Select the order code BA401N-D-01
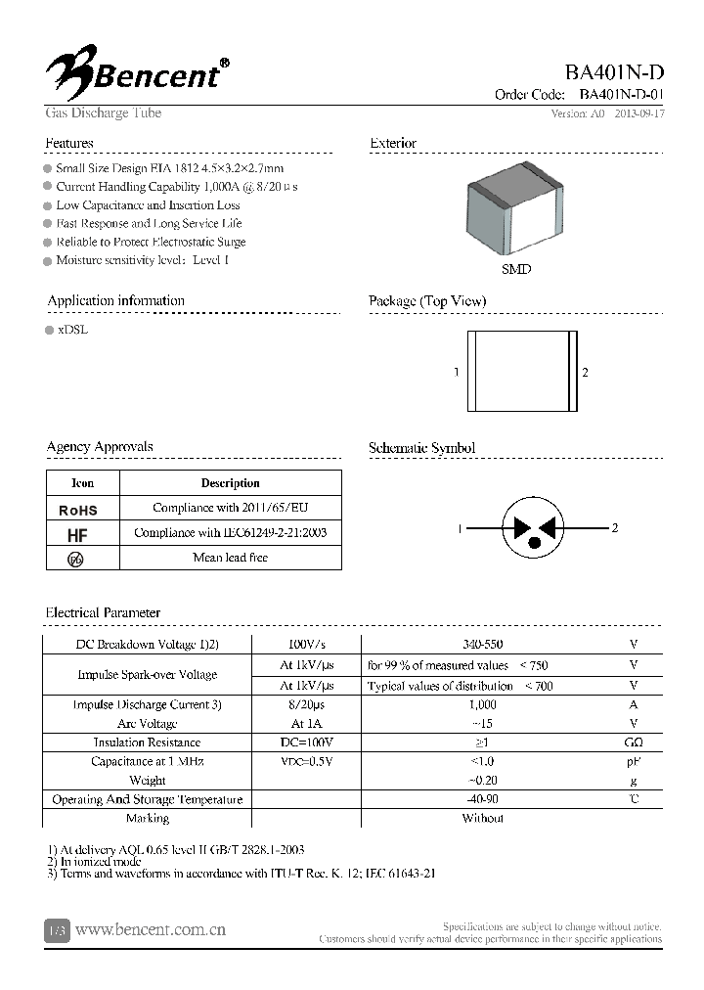pos(621,95)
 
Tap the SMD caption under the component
pos(516,269)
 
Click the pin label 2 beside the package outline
pos(585,373)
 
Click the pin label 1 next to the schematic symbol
pos(460,528)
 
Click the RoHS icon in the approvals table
pos(78,510)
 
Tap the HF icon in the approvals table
pos(77,535)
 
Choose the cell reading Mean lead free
pos(230,558)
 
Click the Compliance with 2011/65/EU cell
pos(230,508)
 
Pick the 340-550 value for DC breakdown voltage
pos(482,645)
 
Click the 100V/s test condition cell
pos(306,645)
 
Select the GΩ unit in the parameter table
pos(634,742)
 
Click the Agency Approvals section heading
pos(100,447)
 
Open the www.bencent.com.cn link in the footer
pos(151,929)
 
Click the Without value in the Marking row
pos(482,818)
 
